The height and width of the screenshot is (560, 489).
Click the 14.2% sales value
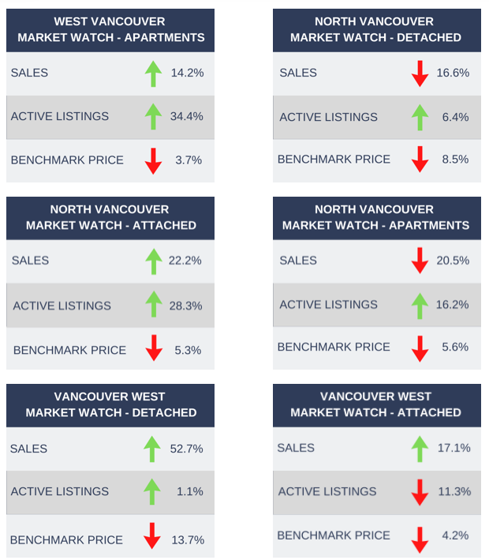pos(187,73)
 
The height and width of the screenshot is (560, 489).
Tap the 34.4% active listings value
pos(187,116)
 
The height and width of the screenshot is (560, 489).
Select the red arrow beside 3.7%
pos(153,160)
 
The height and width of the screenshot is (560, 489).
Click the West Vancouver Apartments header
pos(110,29)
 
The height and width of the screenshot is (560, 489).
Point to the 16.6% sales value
pos(453,73)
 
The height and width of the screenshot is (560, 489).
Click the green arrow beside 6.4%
pos(420,117)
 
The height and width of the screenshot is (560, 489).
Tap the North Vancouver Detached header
pos(375,29)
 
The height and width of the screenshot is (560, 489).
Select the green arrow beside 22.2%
pos(153,261)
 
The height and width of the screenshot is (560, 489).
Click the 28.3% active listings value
pos(185,305)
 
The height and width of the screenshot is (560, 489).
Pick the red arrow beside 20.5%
pos(420,261)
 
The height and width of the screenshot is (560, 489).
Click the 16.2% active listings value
pos(453,304)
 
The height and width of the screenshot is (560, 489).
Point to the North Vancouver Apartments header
pos(375,217)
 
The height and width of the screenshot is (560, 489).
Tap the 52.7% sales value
pos(186,449)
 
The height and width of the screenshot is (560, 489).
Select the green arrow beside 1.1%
pos(153,491)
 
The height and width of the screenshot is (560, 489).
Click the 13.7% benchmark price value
pos(188,539)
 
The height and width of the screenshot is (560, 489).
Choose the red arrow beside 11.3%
pos(420,492)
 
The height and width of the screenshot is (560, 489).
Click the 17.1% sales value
pos(454,448)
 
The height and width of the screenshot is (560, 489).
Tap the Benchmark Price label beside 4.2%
pos(334,535)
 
